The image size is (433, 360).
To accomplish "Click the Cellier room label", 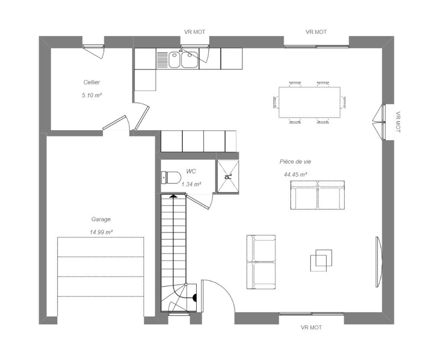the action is tap(92, 82).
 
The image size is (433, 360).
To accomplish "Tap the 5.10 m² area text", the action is tap(92, 96).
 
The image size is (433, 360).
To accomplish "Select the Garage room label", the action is tap(101, 219).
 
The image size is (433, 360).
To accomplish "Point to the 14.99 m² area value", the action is tap(101, 232).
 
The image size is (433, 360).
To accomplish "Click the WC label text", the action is tap(191, 171).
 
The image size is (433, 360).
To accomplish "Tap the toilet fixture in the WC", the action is tap(171, 177).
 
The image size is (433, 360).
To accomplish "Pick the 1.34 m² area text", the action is tap(191, 184).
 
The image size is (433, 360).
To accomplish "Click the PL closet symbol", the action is tap(228, 176).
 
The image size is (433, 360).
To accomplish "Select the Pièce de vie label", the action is tap(295, 162).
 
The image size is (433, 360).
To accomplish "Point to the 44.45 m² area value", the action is tap(295, 175).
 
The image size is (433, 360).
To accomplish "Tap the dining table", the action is tap(309, 103).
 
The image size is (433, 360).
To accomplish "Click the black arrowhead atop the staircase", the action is tap(174, 196).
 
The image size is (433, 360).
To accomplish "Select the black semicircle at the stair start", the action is tap(194, 298).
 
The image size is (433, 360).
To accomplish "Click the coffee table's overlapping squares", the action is tap(321, 260).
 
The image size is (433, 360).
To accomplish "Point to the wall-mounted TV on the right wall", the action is tap(378, 262).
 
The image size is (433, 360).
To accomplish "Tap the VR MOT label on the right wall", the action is tap(397, 122).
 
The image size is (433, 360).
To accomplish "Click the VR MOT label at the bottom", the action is tap(311, 328).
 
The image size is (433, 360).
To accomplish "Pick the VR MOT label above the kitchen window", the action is tap(195, 32).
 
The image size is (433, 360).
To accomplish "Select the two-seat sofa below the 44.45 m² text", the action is tap(317, 195).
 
